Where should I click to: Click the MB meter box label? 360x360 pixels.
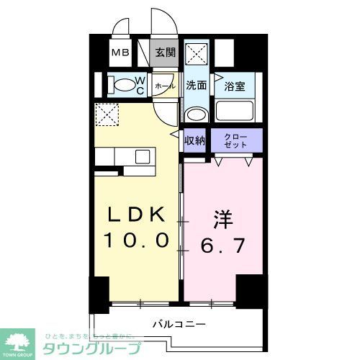click(119, 53)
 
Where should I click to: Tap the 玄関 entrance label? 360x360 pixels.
click(165, 53)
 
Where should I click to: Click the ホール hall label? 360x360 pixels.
click(165, 86)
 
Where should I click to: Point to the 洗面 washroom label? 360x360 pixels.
click(196, 85)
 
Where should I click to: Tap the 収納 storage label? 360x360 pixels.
click(194, 140)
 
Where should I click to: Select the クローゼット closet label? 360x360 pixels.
click(235, 140)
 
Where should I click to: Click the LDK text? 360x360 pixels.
click(138, 215)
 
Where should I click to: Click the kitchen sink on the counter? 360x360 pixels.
click(142, 156)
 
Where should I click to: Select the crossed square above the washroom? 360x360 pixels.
click(196, 54)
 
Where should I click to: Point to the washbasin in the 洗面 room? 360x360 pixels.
click(194, 113)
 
